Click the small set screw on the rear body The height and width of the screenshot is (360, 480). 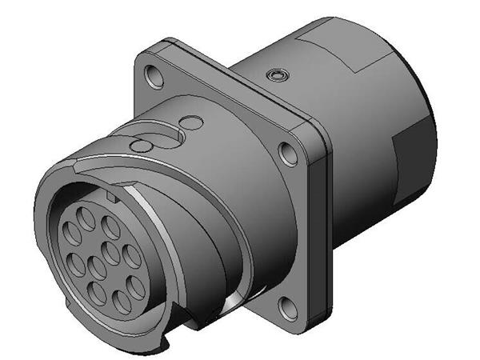pyautogui.click(x=277, y=74)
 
